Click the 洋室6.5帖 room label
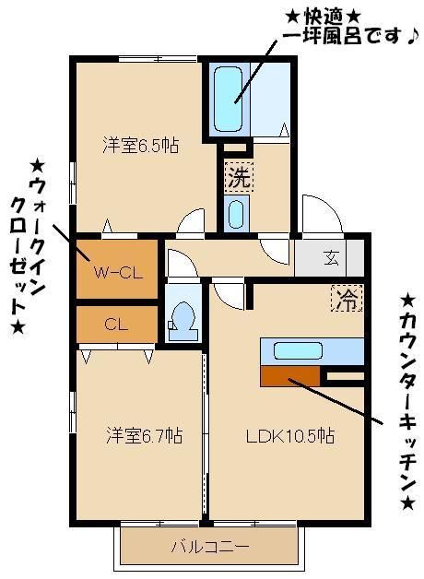point(140,146)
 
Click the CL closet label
point(115,324)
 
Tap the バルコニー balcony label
point(209,547)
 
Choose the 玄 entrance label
point(330,258)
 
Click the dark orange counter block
point(290,375)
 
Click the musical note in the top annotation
point(414,37)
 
